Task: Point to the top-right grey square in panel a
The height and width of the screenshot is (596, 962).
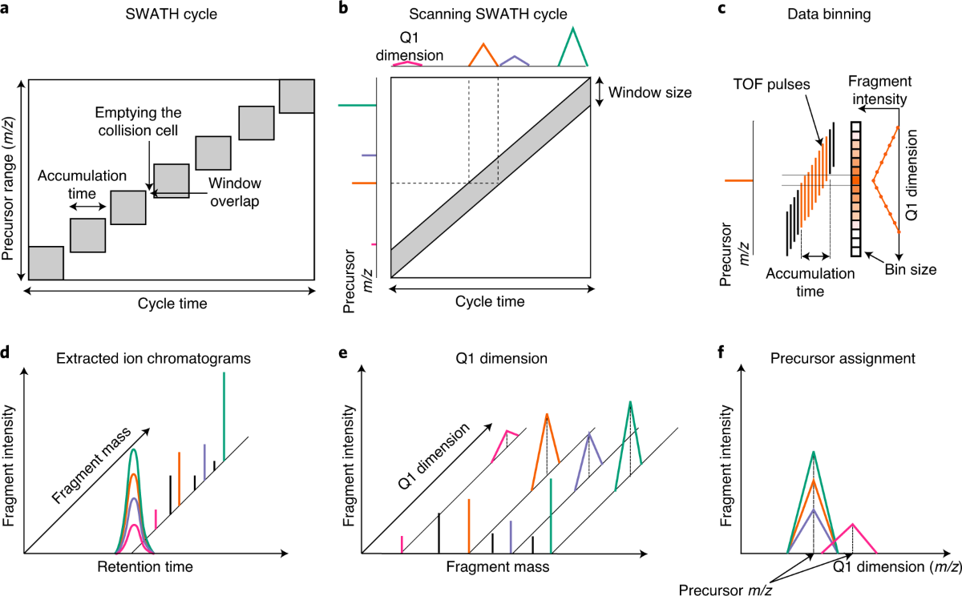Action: click(x=297, y=96)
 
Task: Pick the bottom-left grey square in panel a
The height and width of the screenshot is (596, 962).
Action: click(x=46, y=263)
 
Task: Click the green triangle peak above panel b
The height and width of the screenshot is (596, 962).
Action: click(x=574, y=48)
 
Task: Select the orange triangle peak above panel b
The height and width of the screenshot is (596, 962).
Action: click(x=483, y=55)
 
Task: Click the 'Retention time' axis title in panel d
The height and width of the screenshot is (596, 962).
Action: click(x=145, y=567)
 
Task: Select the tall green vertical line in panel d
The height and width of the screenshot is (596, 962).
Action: click(x=224, y=417)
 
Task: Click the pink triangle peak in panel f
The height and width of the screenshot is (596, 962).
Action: click(x=852, y=538)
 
